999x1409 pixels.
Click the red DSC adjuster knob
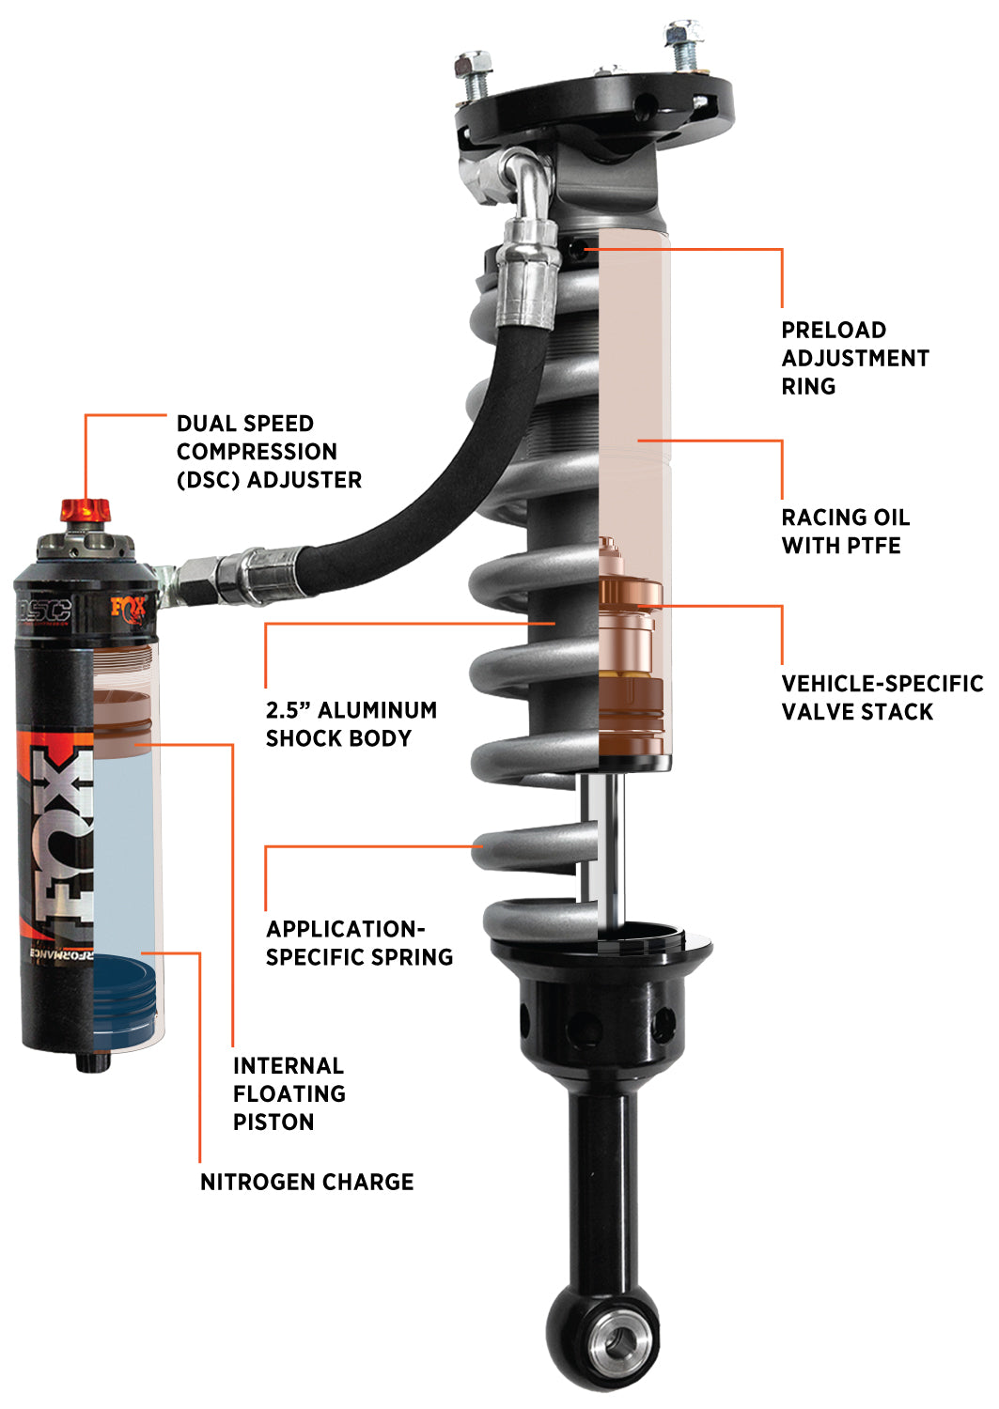[86, 511]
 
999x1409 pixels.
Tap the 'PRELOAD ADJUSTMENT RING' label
[854, 358]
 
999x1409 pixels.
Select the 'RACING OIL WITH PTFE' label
[845, 532]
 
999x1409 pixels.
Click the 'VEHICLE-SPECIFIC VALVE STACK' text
[882, 698]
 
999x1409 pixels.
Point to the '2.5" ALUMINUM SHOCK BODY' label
[351, 724]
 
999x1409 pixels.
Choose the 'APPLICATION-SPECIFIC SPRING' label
[359, 943]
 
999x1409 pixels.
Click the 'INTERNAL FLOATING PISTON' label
[289, 1093]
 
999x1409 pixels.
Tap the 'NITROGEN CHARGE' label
[306, 1182]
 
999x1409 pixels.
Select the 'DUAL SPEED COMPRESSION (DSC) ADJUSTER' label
[269, 452]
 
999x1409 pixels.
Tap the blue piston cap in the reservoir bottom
[126, 996]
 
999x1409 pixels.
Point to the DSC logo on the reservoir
[44, 610]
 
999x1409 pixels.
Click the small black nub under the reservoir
[90, 1062]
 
